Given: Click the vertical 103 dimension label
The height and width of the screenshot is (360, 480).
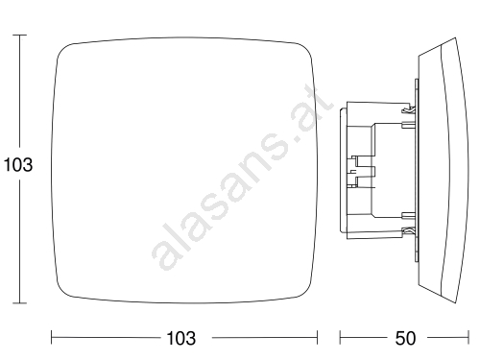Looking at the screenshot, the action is tap(18, 165).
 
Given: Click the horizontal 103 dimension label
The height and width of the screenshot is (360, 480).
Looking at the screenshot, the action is tap(181, 338).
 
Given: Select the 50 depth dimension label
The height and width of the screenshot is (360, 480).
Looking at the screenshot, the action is tap(405, 338).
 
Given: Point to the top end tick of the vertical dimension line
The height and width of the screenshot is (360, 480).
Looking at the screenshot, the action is tap(20, 35).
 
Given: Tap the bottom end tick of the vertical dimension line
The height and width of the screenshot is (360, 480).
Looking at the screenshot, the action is tap(20, 302).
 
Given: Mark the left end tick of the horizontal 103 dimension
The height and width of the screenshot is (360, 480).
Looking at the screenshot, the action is tap(52, 337).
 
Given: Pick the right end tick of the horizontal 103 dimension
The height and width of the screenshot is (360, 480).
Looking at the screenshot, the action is tap(317, 337).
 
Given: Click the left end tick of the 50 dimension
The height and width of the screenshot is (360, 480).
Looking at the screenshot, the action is tap(340, 337).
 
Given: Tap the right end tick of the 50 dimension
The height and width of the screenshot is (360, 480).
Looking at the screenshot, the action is tap(468, 337).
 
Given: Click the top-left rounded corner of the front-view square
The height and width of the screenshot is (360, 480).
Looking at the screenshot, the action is tap(62, 50).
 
